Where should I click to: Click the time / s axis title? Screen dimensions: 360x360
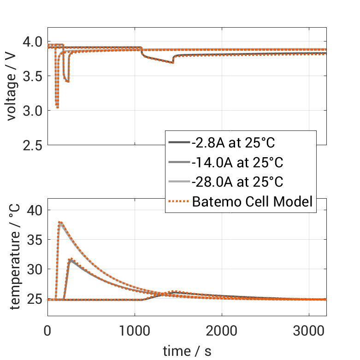pyautogui.click(x=187, y=351)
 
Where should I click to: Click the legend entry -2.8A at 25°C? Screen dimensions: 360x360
pyautogui.click(x=233, y=143)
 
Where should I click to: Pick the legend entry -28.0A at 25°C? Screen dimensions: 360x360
pyautogui.click(x=237, y=182)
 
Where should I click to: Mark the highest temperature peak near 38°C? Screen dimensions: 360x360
pyautogui.click(x=60, y=222)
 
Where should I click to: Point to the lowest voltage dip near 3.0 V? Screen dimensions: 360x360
pyautogui.click(x=57, y=107)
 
